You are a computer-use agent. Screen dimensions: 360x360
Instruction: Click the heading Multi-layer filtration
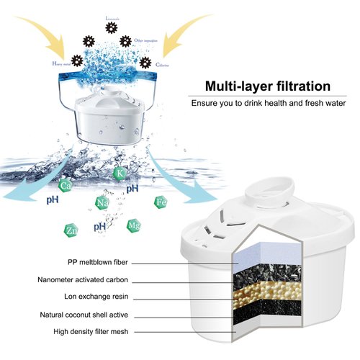pyautogui.click(x=267, y=86)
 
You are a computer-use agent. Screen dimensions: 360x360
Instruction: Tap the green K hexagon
pyautogui.click(x=119, y=174)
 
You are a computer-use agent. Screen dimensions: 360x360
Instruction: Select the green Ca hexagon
pyautogui.click(x=66, y=186)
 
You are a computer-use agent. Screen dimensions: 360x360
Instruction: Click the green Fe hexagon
pyautogui.click(x=161, y=202)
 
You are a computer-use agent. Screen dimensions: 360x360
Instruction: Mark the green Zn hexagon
pyautogui.click(x=71, y=230)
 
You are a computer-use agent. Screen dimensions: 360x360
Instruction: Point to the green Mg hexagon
pyautogui.click(x=133, y=226)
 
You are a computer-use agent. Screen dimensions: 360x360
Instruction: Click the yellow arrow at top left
pyautogui.click(x=40, y=32)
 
